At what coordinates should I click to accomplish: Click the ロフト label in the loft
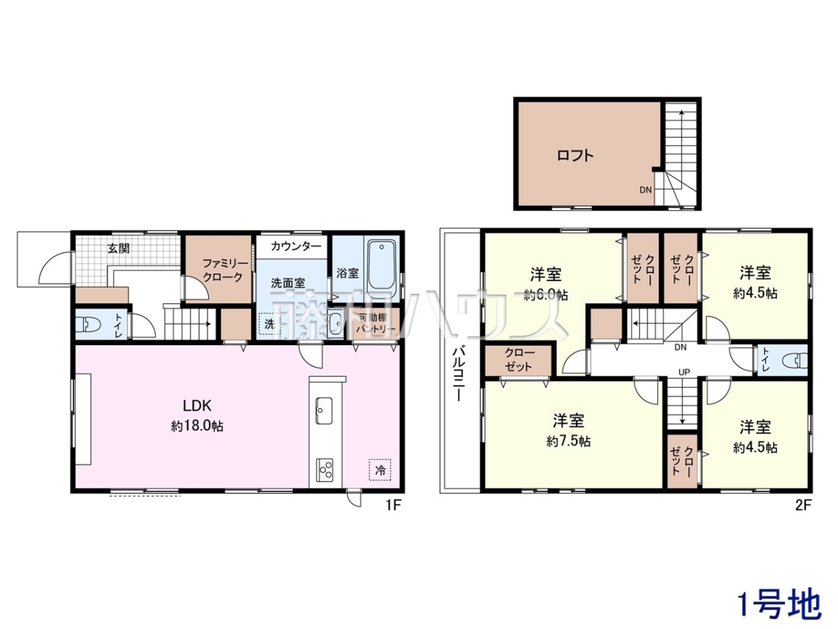click(x=575, y=155)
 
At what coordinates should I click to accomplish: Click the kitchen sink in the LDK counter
click(x=324, y=410)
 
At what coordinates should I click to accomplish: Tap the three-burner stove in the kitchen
click(x=325, y=470)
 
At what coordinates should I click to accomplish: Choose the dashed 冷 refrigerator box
click(x=380, y=470)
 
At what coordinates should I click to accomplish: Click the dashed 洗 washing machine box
click(x=269, y=324)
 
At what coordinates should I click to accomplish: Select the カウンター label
click(x=296, y=247)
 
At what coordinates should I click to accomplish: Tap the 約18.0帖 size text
click(x=197, y=426)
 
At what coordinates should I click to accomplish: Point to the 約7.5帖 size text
click(x=568, y=441)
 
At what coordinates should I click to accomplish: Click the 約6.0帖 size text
click(x=545, y=294)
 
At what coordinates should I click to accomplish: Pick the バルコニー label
click(x=459, y=373)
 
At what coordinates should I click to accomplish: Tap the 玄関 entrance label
click(x=118, y=248)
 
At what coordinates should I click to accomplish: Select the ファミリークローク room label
click(x=224, y=270)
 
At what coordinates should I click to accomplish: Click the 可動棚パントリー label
click(x=376, y=323)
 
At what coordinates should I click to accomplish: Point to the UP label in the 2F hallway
click(x=684, y=372)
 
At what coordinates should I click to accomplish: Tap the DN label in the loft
click(x=645, y=189)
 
